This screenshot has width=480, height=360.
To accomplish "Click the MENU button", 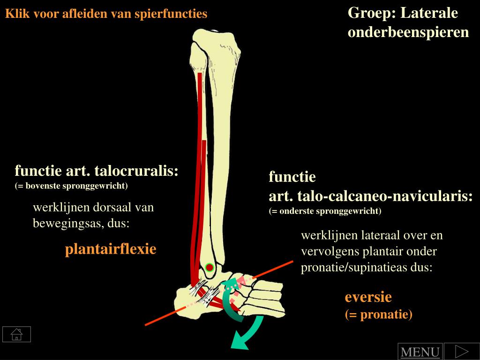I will click(x=420, y=352).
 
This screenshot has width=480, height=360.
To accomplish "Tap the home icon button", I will click(x=16, y=334).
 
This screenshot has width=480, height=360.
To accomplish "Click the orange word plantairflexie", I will click(x=110, y=249).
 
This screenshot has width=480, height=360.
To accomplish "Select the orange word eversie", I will click(x=368, y=297).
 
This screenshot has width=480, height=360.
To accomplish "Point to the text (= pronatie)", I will click(x=378, y=314).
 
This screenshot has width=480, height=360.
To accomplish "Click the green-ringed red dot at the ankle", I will click(x=210, y=268).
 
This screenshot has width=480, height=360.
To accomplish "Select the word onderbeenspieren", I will click(x=408, y=32).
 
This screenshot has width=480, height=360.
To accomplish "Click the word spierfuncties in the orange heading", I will click(x=171, y=14).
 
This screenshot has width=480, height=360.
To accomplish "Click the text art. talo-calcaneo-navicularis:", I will click(x=370, y=196).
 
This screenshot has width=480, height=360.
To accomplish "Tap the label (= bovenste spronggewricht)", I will click(x=71, y=186).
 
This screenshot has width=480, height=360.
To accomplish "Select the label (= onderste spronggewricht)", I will click(x=325, y=211).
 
